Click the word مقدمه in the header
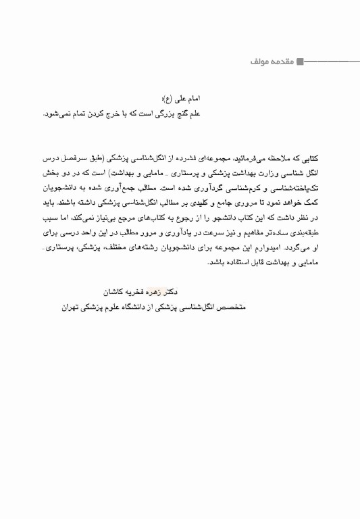tap(280, 61)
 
